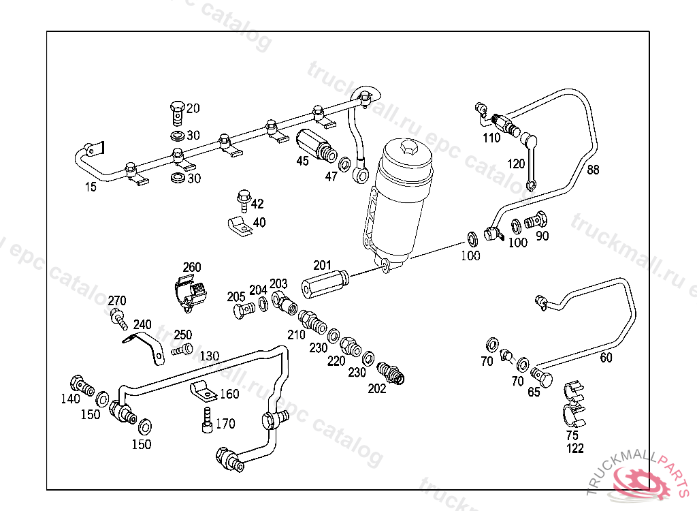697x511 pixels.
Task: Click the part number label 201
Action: coord(322,265)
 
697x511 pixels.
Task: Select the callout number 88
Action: coord(594,170)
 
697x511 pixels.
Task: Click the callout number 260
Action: coord(192,267)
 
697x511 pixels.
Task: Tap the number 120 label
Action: coord(516,164)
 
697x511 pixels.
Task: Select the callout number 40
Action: coord(259,223)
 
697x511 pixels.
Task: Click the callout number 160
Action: coord(229,394)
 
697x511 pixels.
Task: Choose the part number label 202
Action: coord(376,389)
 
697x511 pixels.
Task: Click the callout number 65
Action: coord(534,392)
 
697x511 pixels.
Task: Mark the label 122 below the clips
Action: coord(575,448)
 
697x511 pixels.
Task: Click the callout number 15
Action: coord(91,187)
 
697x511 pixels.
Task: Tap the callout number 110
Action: coord(491,138)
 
